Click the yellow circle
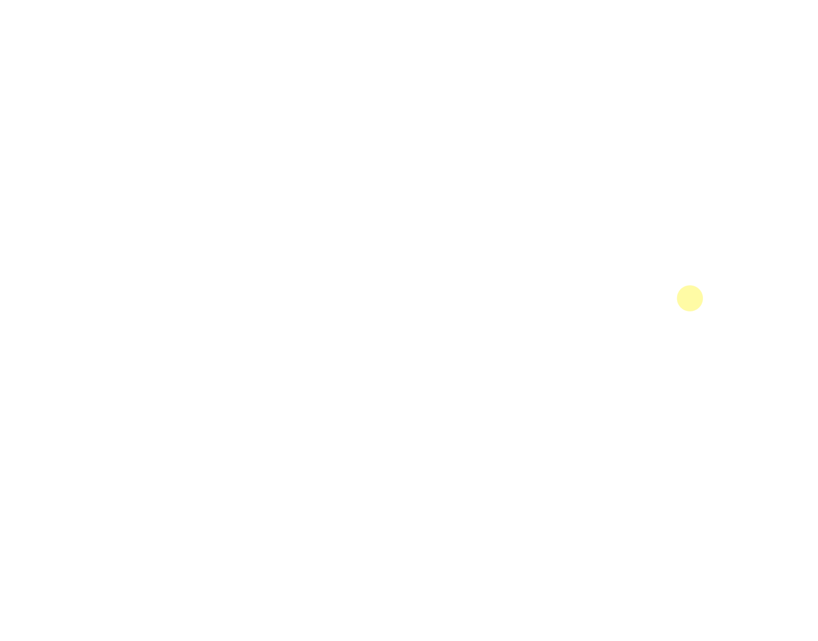click(689, 299)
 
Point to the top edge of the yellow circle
click(689, 286)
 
